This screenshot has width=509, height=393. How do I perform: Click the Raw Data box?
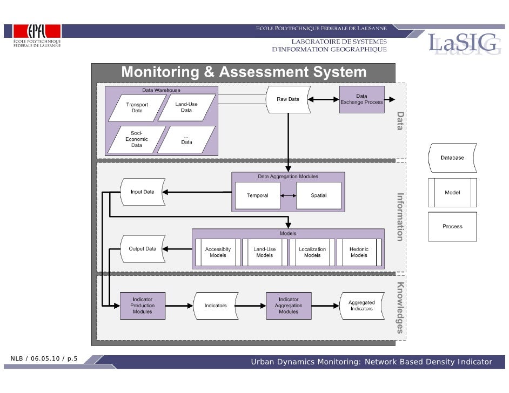[x=288, y=100]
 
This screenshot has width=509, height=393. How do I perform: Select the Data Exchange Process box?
[x=361, y=99]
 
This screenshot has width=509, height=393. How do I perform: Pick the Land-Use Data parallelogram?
[x=186, y=107]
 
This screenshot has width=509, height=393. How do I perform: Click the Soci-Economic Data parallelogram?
[x=136, y=139]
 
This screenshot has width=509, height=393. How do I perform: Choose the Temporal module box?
[x=258, y=195]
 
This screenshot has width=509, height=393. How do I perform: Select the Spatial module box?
[x=319, y=195]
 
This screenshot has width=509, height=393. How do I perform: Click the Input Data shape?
[x=142, y=192]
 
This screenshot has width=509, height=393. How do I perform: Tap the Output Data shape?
[x=142, y=249]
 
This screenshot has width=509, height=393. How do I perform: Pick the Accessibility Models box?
[x=218, y=252]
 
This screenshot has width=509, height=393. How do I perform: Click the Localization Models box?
[x=312, y=252]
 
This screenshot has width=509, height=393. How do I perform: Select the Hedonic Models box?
[x=359, y=252]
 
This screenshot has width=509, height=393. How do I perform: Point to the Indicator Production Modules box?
[x=143, y=306]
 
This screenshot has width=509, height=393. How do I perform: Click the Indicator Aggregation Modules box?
[x=289, y=306]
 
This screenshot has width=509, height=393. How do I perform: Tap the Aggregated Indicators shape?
[x=361, y=306]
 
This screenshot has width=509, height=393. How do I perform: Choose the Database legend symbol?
[x=452, y=158]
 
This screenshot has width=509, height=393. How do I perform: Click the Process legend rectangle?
[x=452, y=226]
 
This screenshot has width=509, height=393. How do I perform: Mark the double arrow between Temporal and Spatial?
[x=289, y=195]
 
